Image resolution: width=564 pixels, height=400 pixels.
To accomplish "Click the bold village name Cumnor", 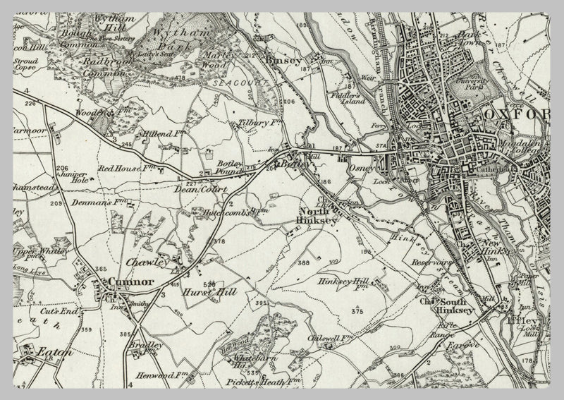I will (x=130, y=281).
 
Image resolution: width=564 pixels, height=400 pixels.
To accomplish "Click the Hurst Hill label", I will (x=208, y=291).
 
